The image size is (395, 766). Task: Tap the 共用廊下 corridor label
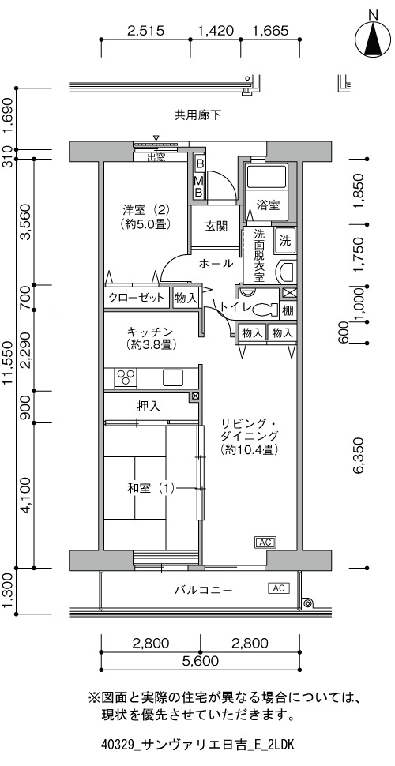(198, 115)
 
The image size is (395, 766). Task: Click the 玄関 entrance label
(216, 226)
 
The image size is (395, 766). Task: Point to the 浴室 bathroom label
(269, 205)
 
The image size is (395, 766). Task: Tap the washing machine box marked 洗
(285, 240)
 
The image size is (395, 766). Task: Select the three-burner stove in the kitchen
(126, 377)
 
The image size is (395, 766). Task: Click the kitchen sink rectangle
(173, 377)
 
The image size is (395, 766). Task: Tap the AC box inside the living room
(265, 542)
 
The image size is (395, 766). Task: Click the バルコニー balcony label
(204, 590)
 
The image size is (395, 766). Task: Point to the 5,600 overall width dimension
(200, 662)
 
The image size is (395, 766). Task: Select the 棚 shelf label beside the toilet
(288, 310)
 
